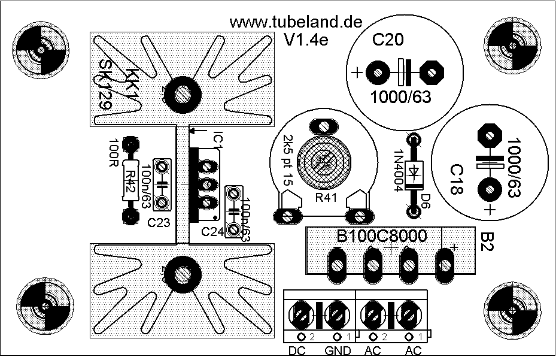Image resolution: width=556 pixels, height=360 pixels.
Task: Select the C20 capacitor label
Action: [387, 41]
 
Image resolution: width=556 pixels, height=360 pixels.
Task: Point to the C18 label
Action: [457, 180]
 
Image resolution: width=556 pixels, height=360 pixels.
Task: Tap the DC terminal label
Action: [297, 351]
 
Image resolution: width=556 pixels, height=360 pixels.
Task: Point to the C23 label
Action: [158, 223]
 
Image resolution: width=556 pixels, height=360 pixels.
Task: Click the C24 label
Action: [212, 231]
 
